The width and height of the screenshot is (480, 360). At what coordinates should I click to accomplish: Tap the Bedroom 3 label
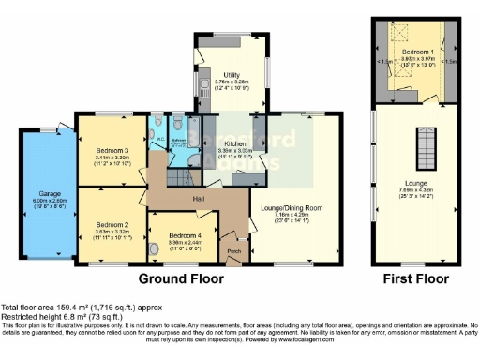pos(112,150)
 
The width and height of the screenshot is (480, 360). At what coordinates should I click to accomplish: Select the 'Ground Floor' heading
pos(181,278)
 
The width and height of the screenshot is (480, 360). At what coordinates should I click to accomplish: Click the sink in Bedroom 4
pos(153,249)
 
